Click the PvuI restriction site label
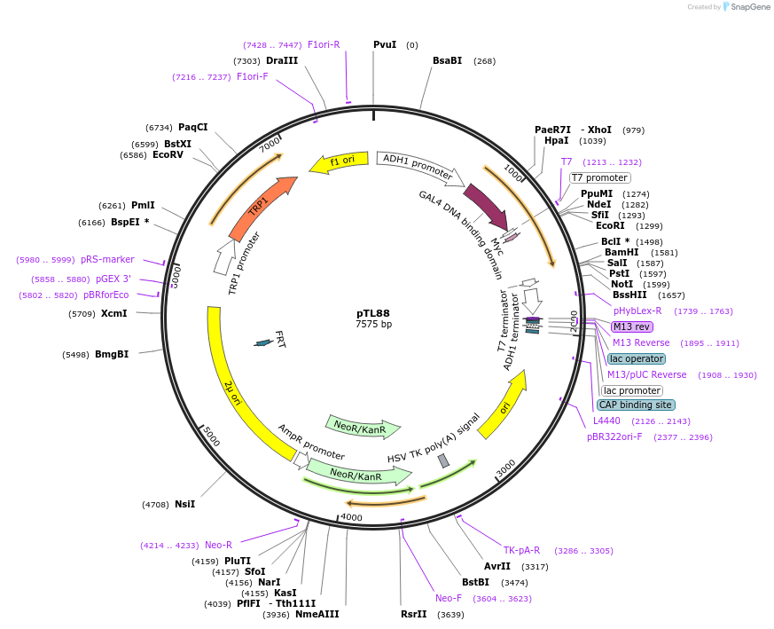tap(385, 44)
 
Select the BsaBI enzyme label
tap(447, 60)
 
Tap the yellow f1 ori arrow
tap(333, 162)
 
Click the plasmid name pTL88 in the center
tap(372, 313)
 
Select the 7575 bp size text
tap(373, 324)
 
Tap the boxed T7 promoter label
tap(599, 177)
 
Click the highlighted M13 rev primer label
tap(631, 326)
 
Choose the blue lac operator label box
tap(637, 358)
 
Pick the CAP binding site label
tap(636, 405)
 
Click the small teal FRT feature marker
tap(263, 342)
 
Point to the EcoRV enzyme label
tap(168, 154)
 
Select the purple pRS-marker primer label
tap(107, 259)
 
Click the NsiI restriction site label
tap(184, 504)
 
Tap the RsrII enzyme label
tap(413, 614)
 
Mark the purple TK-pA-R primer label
tap(521, 550)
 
